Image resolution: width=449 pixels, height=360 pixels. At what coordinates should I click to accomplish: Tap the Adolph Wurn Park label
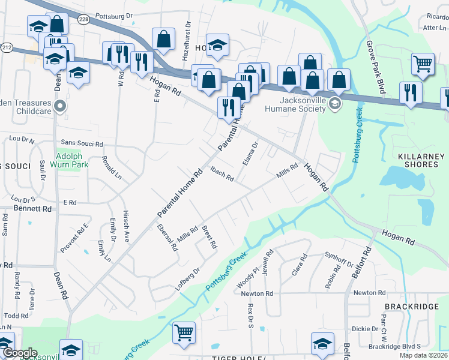point(72,158)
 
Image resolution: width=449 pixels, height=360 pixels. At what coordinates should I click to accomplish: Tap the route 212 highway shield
point(6,46)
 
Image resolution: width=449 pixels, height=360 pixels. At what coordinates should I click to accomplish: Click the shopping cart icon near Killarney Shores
point(423,64)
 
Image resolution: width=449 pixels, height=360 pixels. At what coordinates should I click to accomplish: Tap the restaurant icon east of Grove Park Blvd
point(411,92)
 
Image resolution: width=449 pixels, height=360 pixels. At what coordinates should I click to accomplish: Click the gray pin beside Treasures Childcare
point(59,107)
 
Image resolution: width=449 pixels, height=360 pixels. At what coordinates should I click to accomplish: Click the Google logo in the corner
point(20,353)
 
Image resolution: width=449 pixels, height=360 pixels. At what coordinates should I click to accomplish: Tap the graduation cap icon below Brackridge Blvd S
point(322,343)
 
